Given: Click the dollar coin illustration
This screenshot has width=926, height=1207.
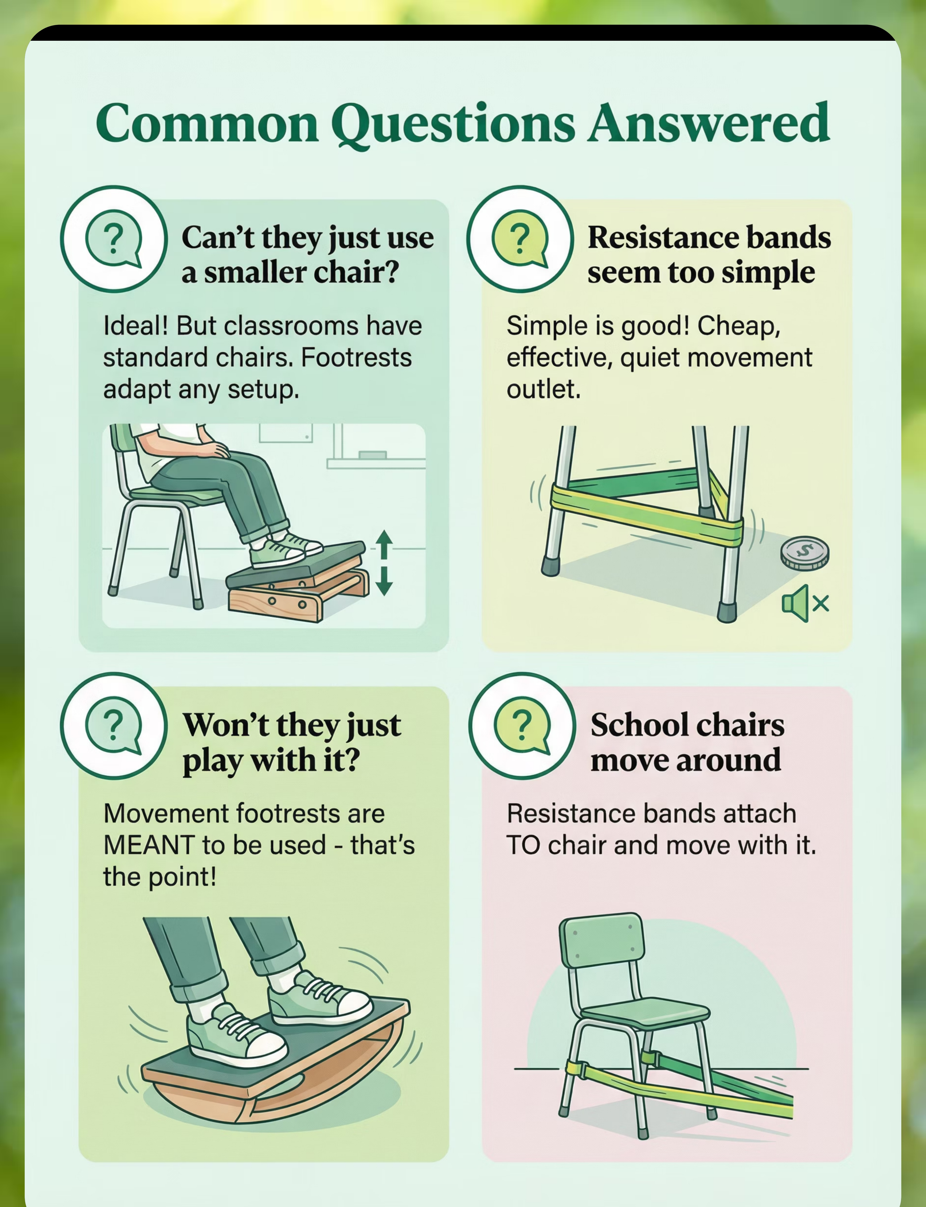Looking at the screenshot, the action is pyautogui.click(x=805, y=554).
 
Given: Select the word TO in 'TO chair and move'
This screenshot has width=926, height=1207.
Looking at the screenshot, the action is pyautogui.click(x=524, y=845).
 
